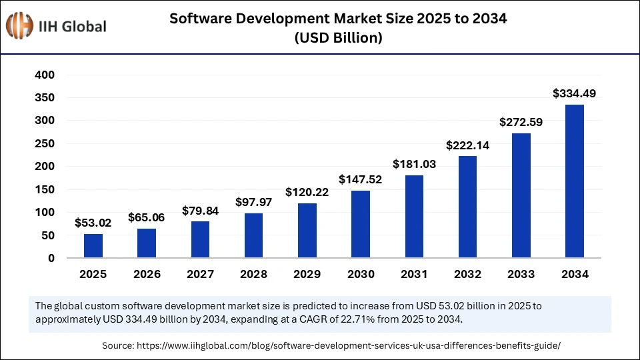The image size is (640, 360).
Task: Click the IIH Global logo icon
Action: [x=20, y=27]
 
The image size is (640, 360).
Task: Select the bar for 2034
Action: [x=574, y=181]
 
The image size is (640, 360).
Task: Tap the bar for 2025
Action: [x=93, y=245]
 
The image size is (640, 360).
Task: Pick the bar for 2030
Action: [x=361, y=224]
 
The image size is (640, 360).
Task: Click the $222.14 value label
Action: [x=467, y=145]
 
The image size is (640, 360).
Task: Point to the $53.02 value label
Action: [x=93, y=223]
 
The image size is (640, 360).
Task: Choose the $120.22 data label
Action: [x=307, y=192]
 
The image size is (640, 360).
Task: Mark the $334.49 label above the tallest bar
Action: [x=574, y=94]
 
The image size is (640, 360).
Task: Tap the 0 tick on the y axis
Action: [x=51, y=259]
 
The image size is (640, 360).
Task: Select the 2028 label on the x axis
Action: [x=253, y=274]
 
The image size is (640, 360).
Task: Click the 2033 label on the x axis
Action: [x=521, y=274]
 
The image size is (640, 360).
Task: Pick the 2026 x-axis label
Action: [x=147, y=274]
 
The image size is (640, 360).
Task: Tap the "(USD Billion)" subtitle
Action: [x=338, y=39]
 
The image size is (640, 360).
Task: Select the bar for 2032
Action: [x=467, y=207]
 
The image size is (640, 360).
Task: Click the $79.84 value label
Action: [x=200, y=211]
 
